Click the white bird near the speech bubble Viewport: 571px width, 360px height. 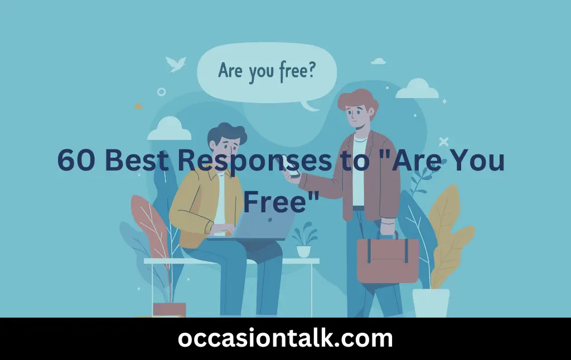tap(177, 64)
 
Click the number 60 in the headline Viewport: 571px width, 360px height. tap(77, 161)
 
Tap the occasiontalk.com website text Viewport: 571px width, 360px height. tap(285, 338)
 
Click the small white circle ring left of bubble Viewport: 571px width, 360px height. tap(162, 91)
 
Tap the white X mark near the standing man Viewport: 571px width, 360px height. tap(444, 142)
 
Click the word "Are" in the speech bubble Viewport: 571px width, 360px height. tap(230, 71)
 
